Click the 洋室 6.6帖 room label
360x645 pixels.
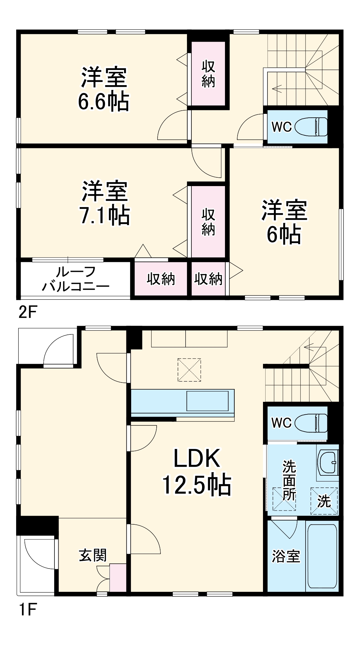tap(104, 89)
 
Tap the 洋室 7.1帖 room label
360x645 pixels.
tap(105, 203)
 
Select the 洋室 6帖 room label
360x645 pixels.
tap(284, 222)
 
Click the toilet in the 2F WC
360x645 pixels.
tap(311, 127)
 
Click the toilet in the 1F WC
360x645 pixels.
tap(311, 423)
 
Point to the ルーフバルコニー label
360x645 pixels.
tap(76, 279)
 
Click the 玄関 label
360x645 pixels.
tap(92, 555)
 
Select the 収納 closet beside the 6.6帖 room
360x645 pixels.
tap(208, 74)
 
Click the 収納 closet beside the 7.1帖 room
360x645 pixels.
tap(208, 222)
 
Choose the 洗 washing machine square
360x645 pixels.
tap(324, 501)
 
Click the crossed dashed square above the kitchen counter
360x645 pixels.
tap(189, 370)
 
